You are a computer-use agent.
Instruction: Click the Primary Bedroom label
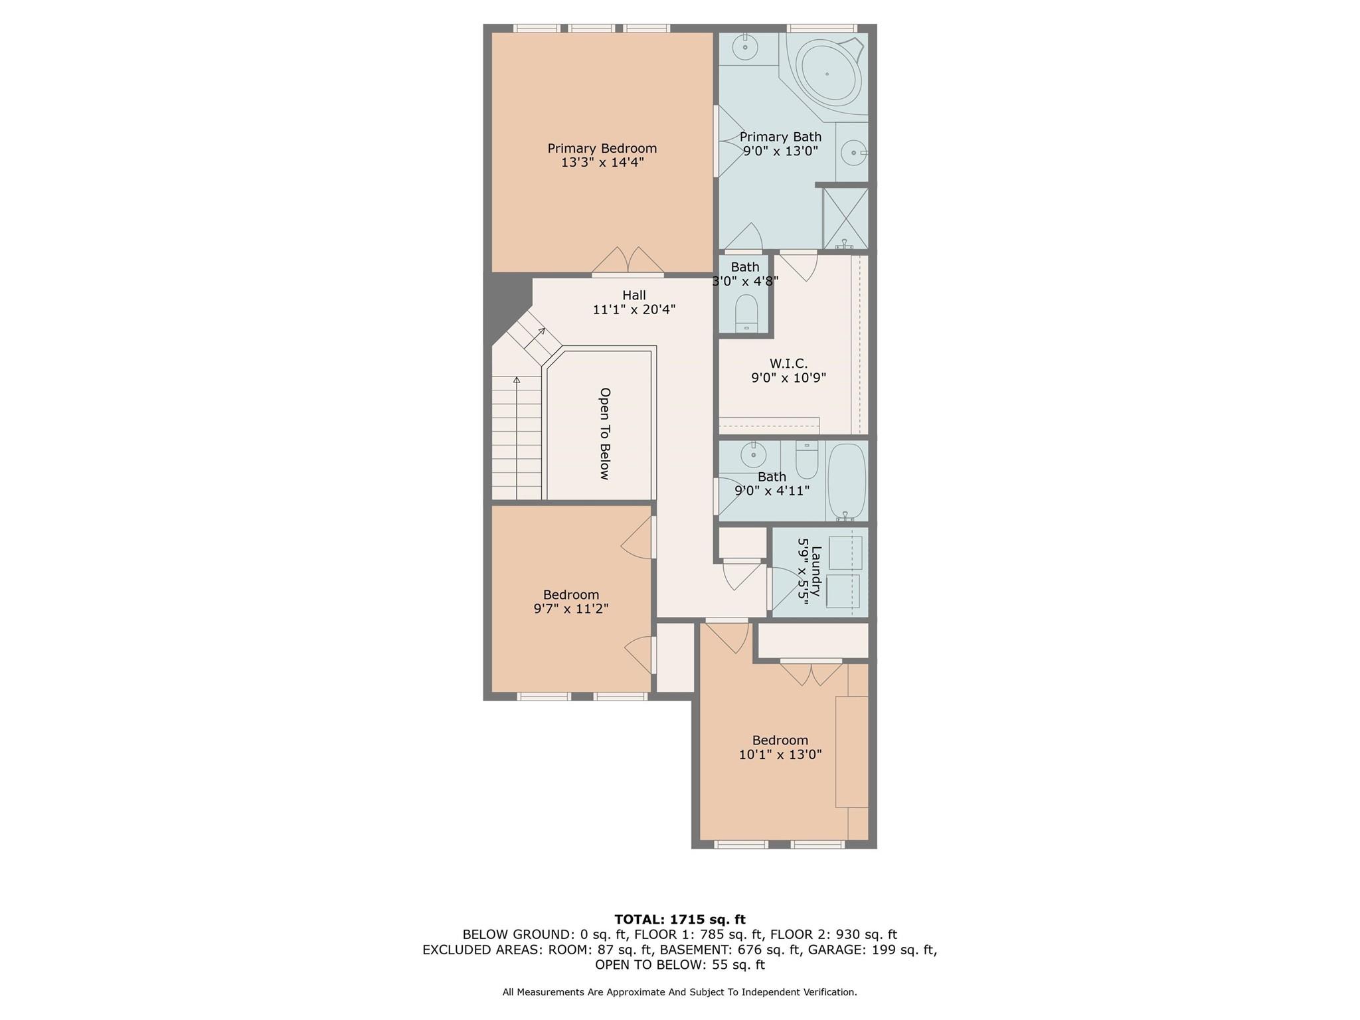coord(602,149)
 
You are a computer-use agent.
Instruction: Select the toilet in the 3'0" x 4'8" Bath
coord(746,313)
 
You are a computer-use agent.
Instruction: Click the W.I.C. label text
coord(788,364)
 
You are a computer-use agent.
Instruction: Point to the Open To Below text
coord(604,433)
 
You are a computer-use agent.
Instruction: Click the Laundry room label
coord(816,572)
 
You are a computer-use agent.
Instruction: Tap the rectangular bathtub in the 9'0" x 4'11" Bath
coord(847,482)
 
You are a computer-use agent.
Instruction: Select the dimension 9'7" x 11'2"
coord(571,609)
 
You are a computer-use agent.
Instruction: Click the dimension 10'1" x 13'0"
coord(780,754)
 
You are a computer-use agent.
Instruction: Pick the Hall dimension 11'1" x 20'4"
coord(634,309)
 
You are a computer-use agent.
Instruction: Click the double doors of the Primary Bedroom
coord(628,262)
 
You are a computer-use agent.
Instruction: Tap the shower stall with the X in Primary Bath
coord(845,218)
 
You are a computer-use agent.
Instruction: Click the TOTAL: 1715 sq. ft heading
coord(679,920)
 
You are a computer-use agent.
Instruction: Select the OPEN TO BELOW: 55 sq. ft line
coord(679,965)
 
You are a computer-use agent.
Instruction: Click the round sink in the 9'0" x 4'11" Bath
coord(753,456)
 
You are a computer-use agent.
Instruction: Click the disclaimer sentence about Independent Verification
coord(679,992)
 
